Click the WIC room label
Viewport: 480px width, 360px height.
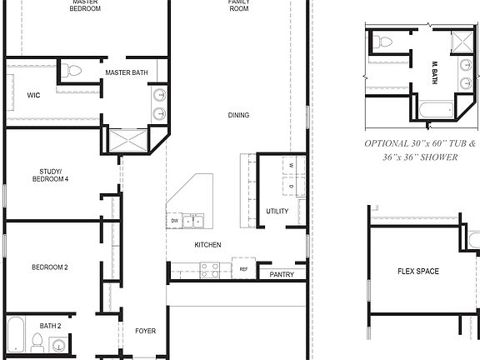point(33,96)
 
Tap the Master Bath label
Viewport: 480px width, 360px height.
point(127,73)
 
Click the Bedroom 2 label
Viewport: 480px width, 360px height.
point(50,267)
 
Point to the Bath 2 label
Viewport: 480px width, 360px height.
point(50,326)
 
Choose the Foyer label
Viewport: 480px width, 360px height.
point(146,332)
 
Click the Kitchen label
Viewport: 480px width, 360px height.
point(207,245)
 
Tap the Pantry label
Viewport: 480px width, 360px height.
point(282,273)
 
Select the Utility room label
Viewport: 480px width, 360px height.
point(277,212)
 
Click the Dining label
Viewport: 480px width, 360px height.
point(238,116)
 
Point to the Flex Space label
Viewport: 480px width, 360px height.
point(418,272)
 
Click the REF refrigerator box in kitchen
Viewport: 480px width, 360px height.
point(244,269)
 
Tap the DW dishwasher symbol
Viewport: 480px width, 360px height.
point(175,221)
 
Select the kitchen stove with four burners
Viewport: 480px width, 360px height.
point(210,269)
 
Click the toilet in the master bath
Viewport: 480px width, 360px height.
point(73,71)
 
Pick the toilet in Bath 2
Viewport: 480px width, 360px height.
point(37,340)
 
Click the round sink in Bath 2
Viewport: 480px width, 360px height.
point(57,344)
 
